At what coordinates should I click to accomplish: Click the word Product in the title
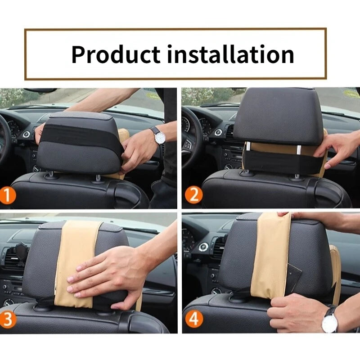(115, 54)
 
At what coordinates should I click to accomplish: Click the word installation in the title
(231, 54)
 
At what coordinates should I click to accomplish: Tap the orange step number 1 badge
(9, 195)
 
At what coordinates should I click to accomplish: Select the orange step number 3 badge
(9, 319)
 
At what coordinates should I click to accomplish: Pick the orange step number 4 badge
(193, 319)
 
